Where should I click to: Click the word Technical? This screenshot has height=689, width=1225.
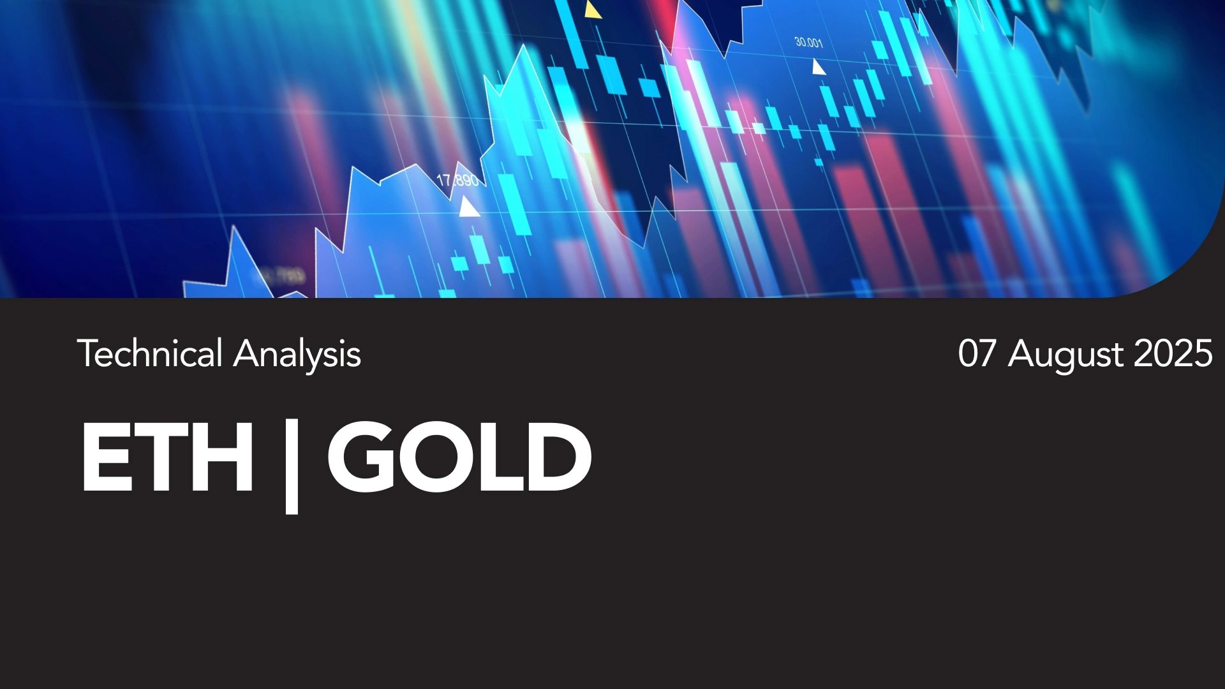click(x=150, y=353)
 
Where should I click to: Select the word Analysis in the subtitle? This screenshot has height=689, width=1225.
click(x=297, y=355)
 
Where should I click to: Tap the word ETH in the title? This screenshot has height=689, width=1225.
click(x=167, y=457)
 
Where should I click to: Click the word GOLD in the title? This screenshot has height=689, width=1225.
click(x=459, y=457)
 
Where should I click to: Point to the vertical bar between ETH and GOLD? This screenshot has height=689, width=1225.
click(x=292, y=466)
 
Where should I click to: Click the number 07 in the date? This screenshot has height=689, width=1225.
click(x=977, y=353)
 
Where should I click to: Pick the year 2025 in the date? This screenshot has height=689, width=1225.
click(x=1173, y=353)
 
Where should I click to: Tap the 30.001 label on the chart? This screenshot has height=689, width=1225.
click(x=808, y=43)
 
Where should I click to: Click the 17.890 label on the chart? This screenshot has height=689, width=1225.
click(x=457, y=181)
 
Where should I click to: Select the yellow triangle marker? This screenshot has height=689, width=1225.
click(x=593, y=10)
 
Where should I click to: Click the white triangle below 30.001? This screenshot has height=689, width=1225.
click(x=819, y=67)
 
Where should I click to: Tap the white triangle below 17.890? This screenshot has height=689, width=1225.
click(x=469, y=207)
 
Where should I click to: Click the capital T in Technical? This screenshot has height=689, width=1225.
click(x=87, y=354)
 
